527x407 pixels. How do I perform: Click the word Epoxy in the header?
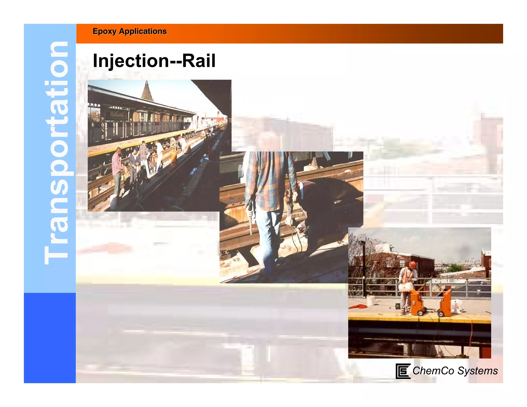tap(104, 31)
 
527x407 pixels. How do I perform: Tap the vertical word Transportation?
tap(56, 153)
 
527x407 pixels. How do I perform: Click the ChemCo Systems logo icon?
tap(402, 371)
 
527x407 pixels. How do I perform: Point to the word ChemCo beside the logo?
tap(433, 371)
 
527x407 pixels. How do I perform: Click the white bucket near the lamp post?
tap(370, 300)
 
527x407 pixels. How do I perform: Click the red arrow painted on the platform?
tap(358, 306)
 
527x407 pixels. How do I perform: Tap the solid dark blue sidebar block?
tap(50, 338)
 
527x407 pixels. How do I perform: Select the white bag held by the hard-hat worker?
tap(405, 287)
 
